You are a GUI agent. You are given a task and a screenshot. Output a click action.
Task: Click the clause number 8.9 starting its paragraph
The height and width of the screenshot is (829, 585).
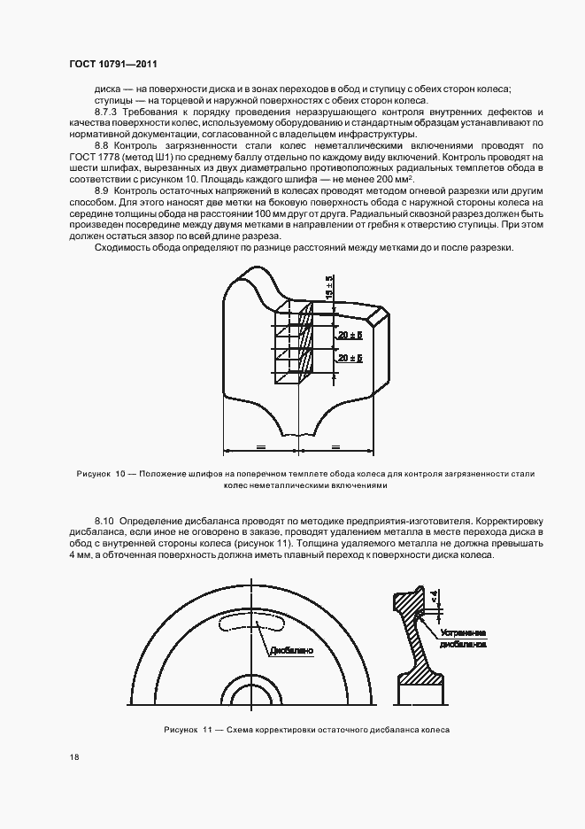[x=102, y=190]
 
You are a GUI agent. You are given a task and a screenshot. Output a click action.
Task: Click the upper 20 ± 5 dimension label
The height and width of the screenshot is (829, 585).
[x=350, y=335]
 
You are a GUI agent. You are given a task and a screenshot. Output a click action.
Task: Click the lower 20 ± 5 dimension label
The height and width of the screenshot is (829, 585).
[x=350, y=357]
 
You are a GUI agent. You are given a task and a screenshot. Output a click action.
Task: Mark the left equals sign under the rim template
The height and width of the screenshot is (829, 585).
[x=261, y=446]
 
